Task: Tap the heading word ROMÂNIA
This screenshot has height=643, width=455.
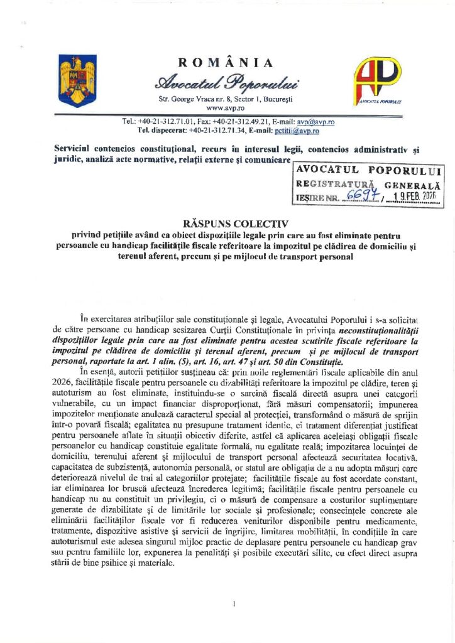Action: tap(226, 62)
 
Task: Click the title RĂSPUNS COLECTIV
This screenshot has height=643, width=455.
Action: tap(227, 224)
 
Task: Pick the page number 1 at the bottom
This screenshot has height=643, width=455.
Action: tap(233, 604)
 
